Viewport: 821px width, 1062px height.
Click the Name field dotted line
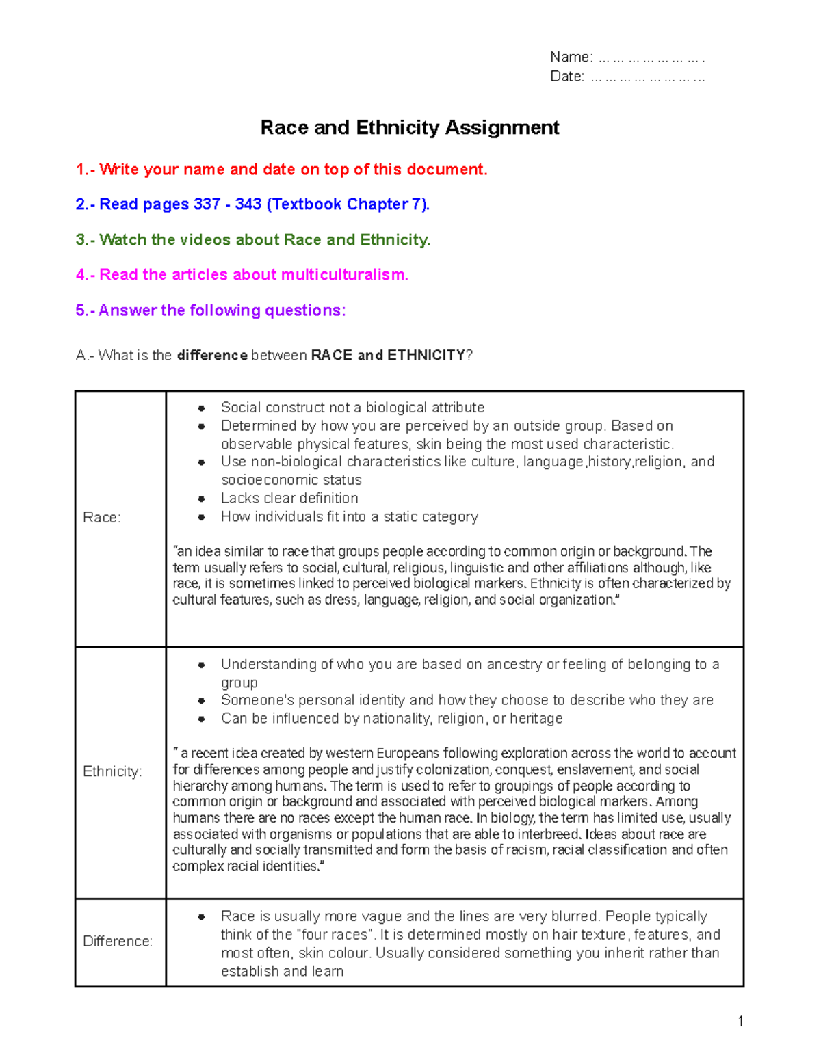(651, 58)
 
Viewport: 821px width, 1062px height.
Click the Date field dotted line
(647, 77)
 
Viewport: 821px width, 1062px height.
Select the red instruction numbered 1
(281, 170)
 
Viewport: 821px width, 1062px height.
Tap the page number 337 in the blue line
(207, 204)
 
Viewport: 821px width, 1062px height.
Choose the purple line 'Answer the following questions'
(211, 310)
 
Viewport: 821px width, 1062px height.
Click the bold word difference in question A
(212, 356)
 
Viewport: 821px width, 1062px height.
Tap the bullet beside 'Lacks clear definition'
(201, 499)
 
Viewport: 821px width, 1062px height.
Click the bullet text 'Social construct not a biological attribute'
(352, 408)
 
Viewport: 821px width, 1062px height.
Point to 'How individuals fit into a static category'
(349, 517)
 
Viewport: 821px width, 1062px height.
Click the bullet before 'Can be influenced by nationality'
(201, 719)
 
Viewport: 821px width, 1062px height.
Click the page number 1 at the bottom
(740, 1022)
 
